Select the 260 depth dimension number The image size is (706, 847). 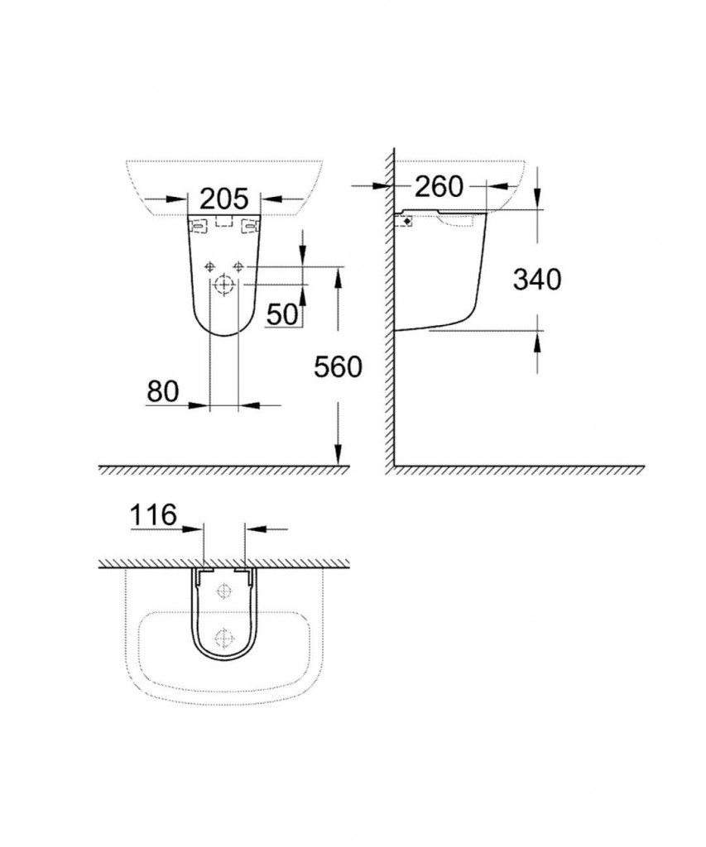pyautogui.click(x=439, y=187)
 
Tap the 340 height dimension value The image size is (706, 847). pyautogui.click(x=536, y=280)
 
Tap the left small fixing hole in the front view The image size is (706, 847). pyautogui.click(x=209, y=266)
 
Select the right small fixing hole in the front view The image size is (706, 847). pyautogui.click(x=239, y=266)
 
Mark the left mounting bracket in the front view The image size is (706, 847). pyautogui.click(x=199, y=224)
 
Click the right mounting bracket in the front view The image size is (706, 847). pyautogui.click(x=247, y=224)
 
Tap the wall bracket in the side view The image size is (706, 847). pyautogui.click(x=405, y=221)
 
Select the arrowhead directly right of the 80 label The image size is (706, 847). pyautogui.click(x=199, y=405)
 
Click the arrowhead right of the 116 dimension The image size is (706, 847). pyautogui.click(x=253, y=529)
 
